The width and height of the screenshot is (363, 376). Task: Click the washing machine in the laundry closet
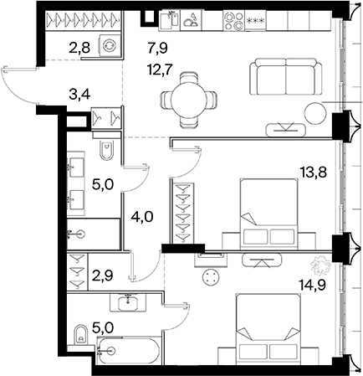click(x=110, y=45)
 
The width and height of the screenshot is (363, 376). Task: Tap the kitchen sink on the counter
click(x=169, y=20)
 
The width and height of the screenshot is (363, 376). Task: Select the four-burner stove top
click(x=233, y=20)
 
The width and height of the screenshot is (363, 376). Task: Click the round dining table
click(x=188, y=100)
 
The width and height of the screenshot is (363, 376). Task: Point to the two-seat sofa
click(x=285, y=76)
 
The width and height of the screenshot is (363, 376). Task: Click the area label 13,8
click(x=314, y=173)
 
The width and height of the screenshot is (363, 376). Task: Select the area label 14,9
click(x=312, y=286)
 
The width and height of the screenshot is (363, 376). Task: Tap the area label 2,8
click(x=79, y=48)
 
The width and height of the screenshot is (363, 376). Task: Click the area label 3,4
click(x=79, y=95)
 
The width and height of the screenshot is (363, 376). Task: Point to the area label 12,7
click(x=161, y=70)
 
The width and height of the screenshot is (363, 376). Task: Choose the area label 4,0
click(x=143, y=217)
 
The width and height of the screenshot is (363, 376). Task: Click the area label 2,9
click(x=103, y=276)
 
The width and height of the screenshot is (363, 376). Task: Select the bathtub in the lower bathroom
click(x=128, y=351)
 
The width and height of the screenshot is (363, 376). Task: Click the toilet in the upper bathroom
click(x=106, y=150)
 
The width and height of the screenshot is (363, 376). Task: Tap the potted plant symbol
click(x=320, y=265)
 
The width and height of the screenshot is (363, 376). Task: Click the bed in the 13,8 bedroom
click(x=268, y=214)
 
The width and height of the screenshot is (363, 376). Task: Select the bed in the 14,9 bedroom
click(x=268, y=328)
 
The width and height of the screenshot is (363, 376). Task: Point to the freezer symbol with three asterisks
click(x=255, y=21)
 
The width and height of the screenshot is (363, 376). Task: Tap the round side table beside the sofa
click(x=315, y=113)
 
